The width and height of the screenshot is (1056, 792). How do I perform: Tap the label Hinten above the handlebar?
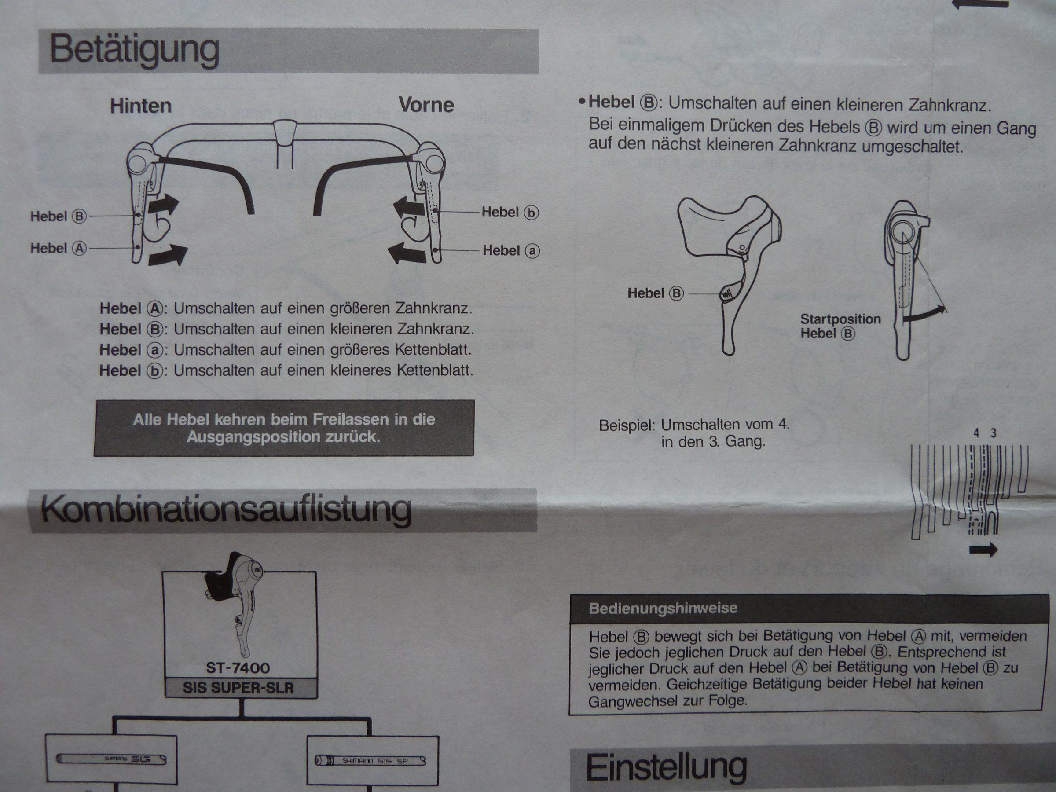(141, 106)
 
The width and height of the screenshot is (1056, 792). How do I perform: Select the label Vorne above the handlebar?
(426, 105)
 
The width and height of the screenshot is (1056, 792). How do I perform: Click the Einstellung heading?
(667, 767)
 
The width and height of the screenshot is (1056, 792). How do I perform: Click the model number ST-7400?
(238, 667)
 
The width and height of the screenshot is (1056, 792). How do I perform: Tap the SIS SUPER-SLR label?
(238, 688)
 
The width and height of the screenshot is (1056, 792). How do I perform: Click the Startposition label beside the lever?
(841, 319)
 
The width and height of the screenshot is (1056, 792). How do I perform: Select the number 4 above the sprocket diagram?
(976, 433)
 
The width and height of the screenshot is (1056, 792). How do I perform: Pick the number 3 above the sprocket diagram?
(994, 433)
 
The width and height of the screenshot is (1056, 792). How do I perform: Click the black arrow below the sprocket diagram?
(983, 550)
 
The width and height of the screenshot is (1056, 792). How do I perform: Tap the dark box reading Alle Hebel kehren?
(284, 428)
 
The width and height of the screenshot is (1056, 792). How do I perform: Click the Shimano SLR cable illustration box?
(111, 759)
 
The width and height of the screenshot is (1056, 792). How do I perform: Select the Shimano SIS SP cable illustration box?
(372, 760)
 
